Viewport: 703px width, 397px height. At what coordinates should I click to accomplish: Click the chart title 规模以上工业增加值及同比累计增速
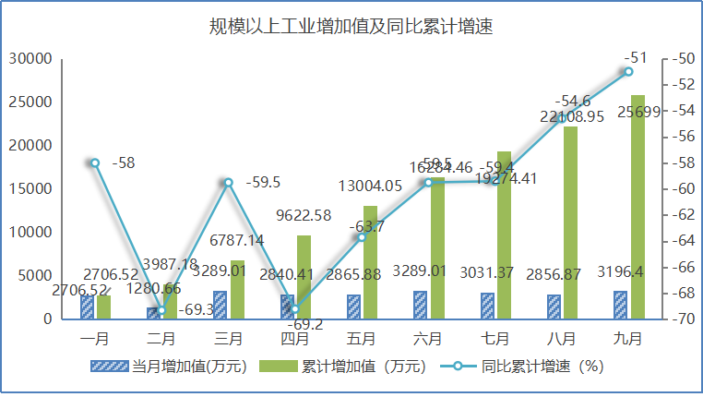(x=351, y=26)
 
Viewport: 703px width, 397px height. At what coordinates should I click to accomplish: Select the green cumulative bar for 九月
(x=637, y=207)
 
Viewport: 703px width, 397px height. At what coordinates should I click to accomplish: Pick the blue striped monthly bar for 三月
(x=220, y=305)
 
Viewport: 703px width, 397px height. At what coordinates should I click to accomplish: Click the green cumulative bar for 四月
(x=304, y=277)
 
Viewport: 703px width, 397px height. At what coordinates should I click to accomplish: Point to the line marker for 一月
(x=94, y=162)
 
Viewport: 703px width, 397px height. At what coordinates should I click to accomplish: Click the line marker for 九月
(x=628, y=71)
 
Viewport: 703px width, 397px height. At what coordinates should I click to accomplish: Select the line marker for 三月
(x=228, y=182)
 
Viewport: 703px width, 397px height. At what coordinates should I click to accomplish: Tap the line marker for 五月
(x=362, y=237)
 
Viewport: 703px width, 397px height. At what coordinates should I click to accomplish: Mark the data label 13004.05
(x=370, y=186)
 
